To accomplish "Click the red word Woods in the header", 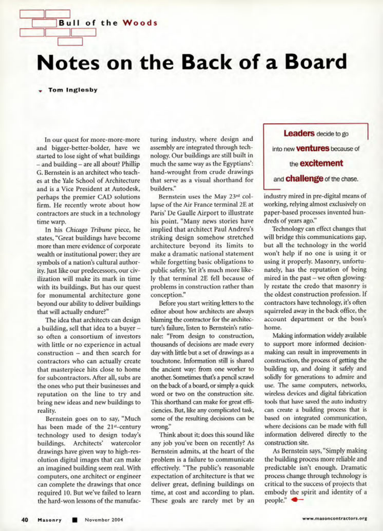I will coord(140,23).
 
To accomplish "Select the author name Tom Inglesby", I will coord(73,90).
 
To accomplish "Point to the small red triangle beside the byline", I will coord(41,91).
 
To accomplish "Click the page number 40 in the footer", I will coord(25,519).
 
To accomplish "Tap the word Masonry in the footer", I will coord(50,520).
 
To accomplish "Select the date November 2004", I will coord(104,520).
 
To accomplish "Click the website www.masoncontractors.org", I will coord(335,519).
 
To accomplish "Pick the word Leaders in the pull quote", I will coord(299,134).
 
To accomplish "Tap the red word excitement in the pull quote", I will coord(321,163).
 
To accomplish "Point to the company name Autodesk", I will coord(127,189).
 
